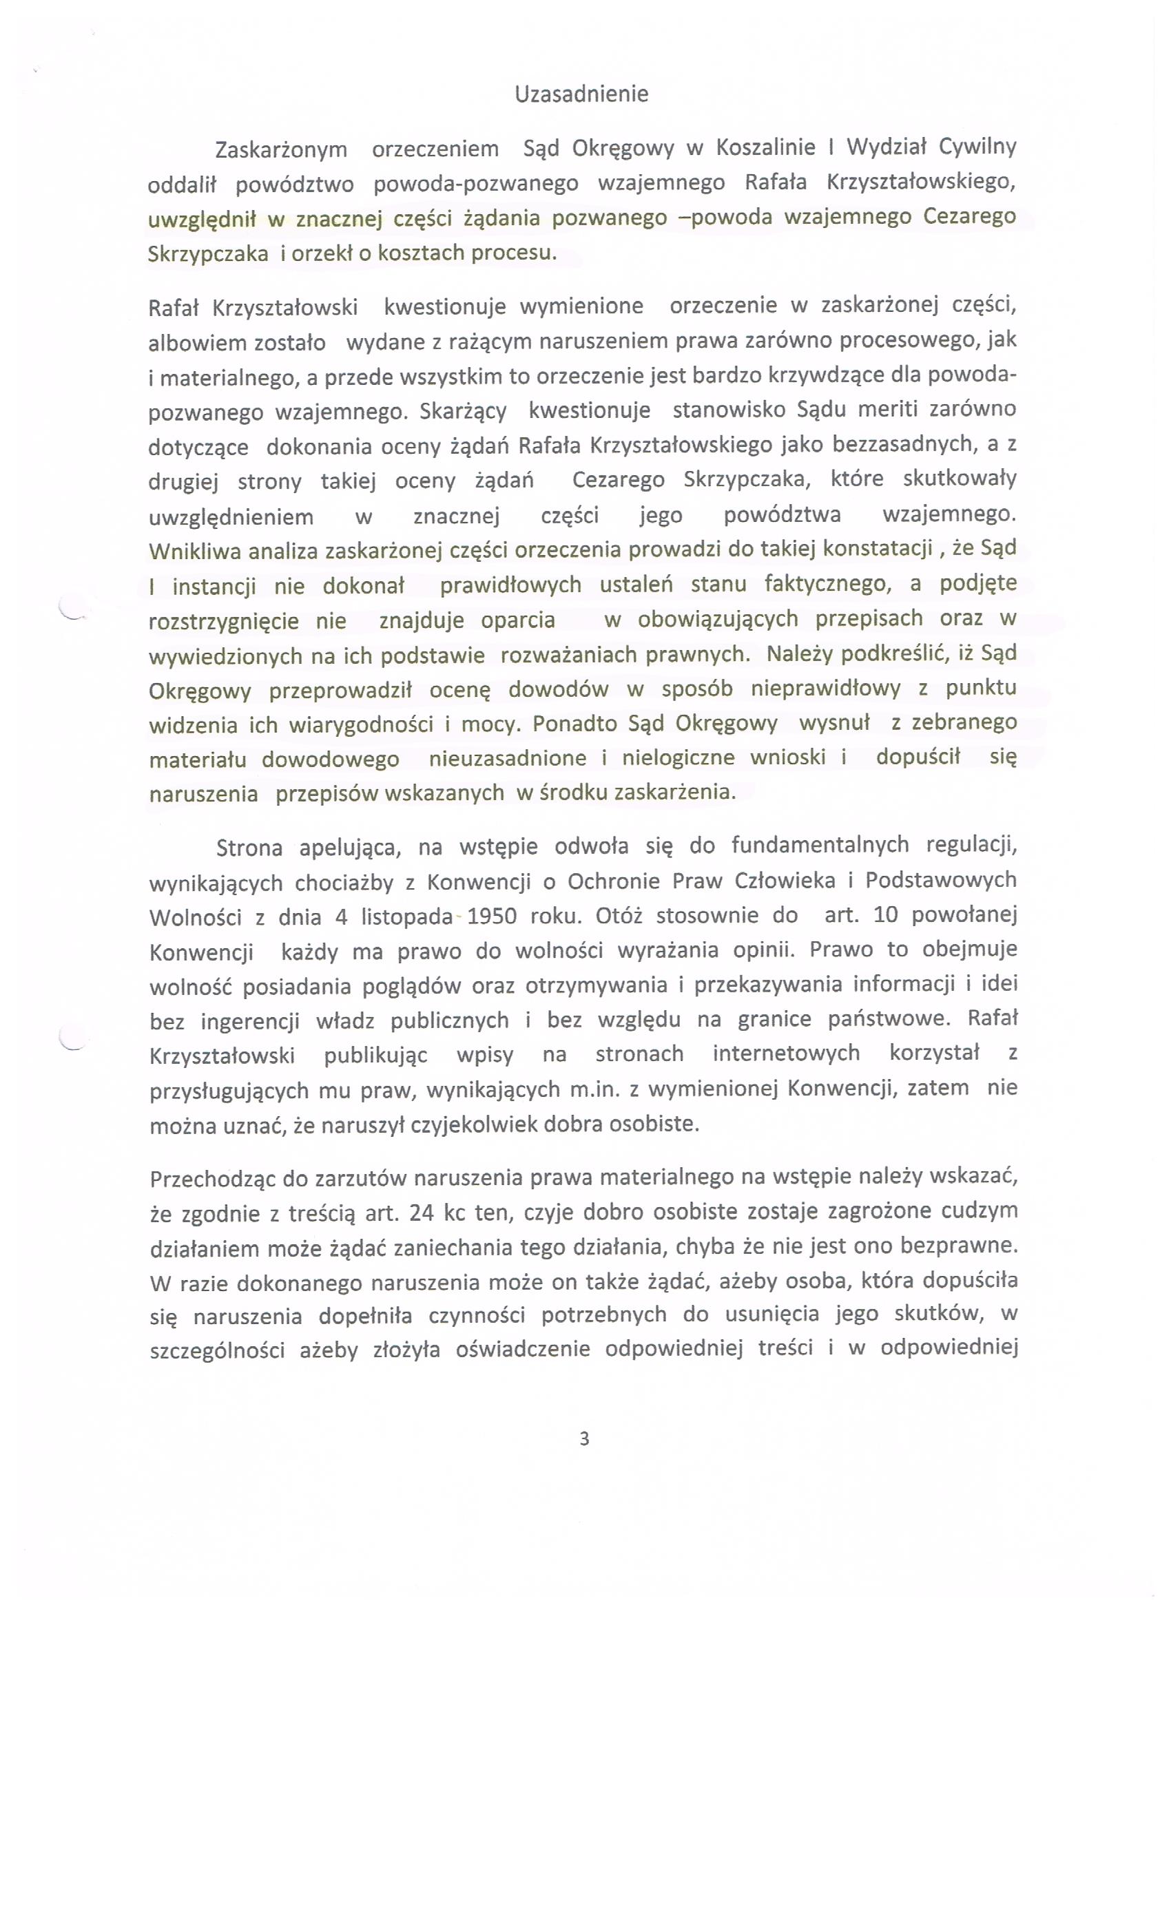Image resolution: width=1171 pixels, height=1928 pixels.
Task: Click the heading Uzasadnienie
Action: pos(581,95)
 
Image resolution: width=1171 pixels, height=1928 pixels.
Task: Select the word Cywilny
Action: pos(977,147)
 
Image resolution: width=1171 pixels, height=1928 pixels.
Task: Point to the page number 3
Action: pos(584,1438)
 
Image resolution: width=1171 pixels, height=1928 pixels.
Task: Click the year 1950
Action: pos(492,916)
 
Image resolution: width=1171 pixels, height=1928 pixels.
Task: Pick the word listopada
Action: pos(407,916)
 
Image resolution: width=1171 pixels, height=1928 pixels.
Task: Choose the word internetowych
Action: pos(786,1054)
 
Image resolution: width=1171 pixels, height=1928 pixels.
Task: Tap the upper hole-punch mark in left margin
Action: pos(72,610)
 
